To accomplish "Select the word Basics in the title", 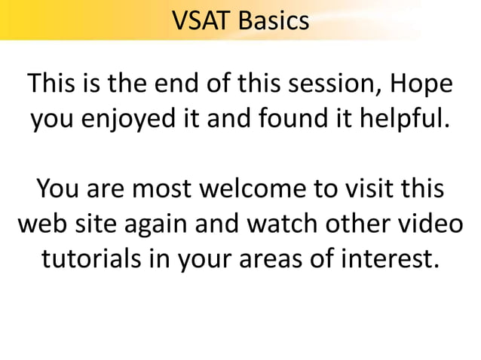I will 272,20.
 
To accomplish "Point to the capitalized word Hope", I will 424,84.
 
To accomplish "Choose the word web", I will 41,224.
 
